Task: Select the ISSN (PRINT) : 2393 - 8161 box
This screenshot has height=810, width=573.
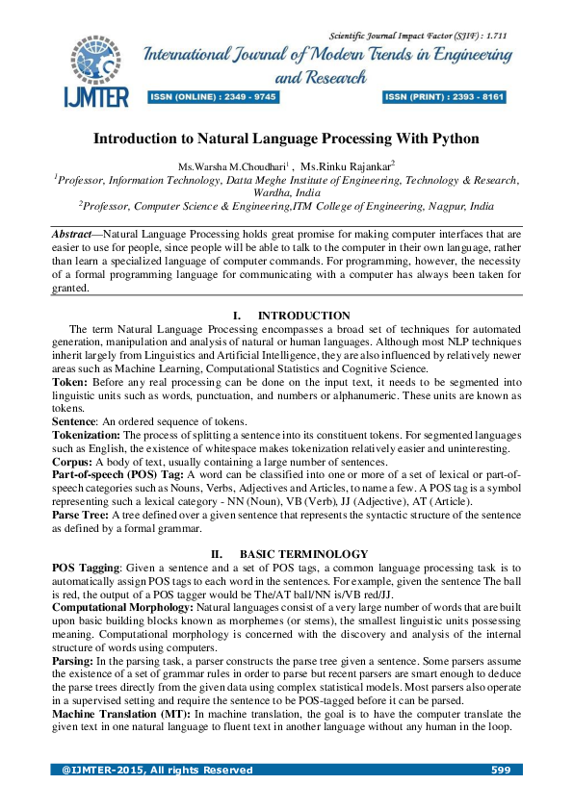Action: [444, 97]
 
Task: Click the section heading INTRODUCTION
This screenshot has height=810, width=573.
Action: [303, 316]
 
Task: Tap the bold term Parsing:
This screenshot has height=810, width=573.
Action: [72, 687]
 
